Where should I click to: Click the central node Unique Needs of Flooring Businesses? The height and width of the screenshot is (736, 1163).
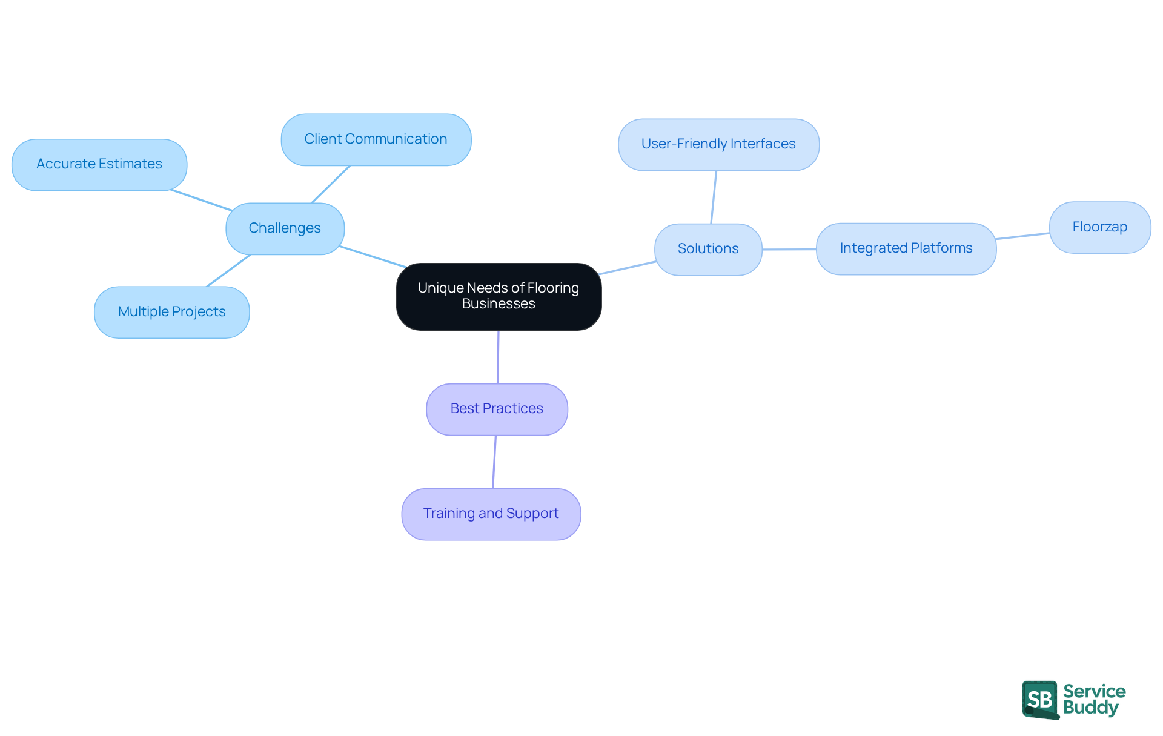click(499, 296)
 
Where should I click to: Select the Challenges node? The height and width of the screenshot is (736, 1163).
click(285, 228)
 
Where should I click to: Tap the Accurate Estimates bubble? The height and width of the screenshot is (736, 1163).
click(99, 164)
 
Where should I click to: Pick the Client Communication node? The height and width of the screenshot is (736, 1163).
click(376, 139)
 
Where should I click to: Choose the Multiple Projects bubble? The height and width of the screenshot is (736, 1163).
click(171, 312)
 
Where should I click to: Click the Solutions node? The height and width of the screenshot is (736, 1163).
click(707, 249)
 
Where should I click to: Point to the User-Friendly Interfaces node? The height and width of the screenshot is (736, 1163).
click(718, 144)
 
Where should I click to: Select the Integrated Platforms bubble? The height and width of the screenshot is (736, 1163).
click(906, 248)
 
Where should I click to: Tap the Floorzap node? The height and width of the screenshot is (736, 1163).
click(1099, 227)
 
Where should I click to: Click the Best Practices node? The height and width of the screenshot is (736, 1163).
click(497, 409)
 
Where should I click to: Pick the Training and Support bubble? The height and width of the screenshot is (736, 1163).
click(491, 514)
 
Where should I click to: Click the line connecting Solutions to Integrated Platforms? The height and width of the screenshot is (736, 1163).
click(789, 249)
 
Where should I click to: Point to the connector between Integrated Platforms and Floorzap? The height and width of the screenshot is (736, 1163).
click(1022, 236)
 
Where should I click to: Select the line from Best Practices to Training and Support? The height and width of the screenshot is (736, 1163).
click(494, 462)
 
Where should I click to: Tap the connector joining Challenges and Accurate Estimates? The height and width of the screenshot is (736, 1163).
click(202, 201)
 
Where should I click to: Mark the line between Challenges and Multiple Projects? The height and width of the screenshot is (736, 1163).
click(228, 270)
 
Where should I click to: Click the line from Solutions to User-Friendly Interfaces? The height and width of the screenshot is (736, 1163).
click(714, 197)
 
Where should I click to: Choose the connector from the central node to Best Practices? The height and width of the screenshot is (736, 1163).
click(498, 357)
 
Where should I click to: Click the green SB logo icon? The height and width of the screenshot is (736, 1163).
click(1040, 700)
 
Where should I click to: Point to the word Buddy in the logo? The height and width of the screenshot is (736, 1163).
click(1090, 708)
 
